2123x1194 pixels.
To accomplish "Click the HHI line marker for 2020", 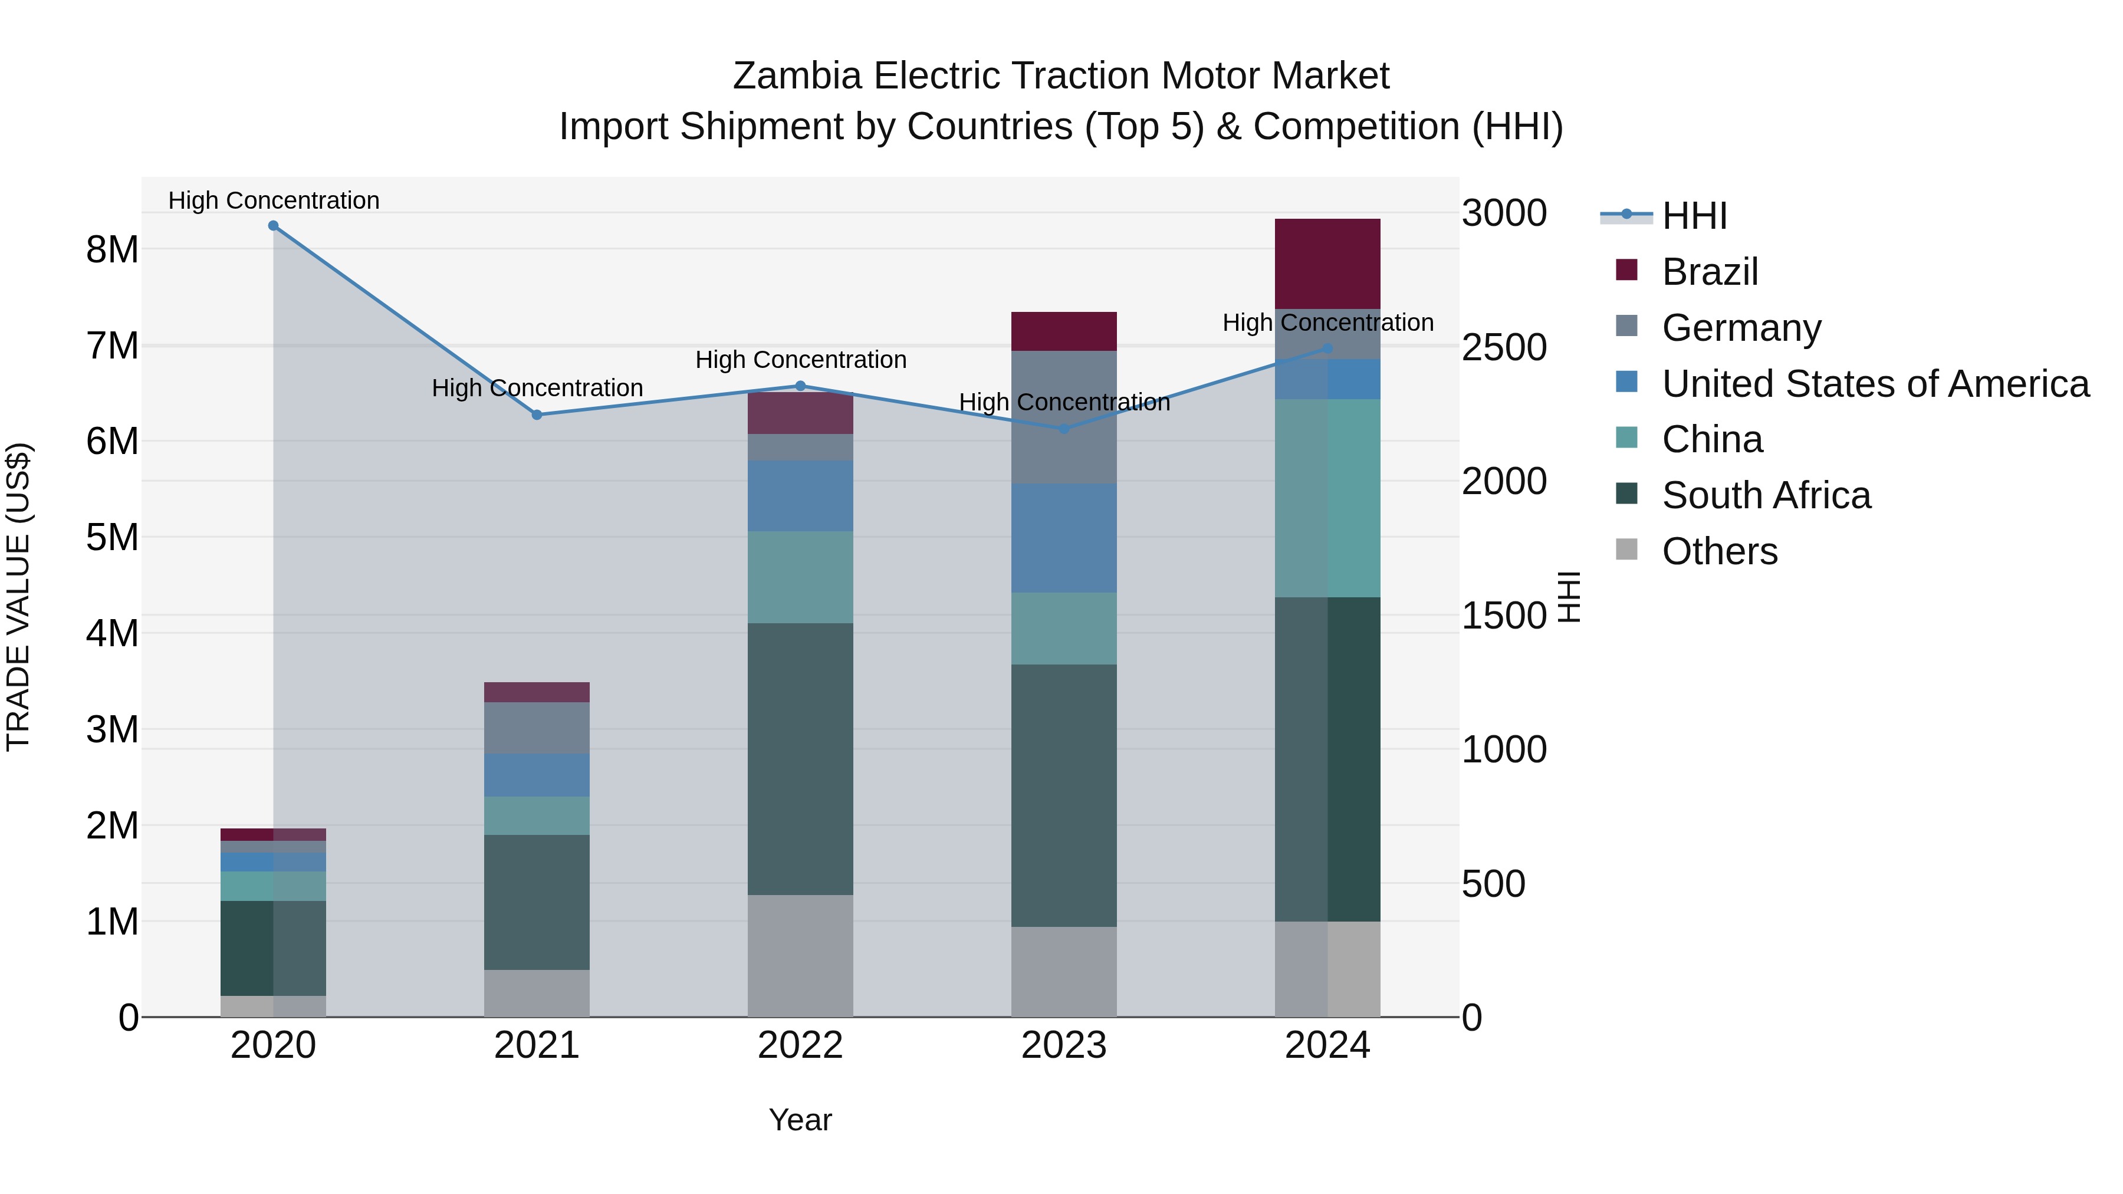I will point(274,226).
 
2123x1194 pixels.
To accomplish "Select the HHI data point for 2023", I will point(1063,429).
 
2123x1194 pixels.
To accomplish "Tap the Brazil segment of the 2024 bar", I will point(1327,264).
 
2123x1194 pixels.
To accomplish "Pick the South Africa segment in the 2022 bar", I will point(800,758).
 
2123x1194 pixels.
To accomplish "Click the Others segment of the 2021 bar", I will point(537,993).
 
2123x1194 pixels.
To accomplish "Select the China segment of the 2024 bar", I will point(1327,498).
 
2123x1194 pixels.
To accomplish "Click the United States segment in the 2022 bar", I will point(800,495).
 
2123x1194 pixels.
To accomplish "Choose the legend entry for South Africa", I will point(1765,495).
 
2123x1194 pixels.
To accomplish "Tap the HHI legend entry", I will point(1694,216).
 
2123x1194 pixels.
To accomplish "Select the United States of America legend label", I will point(1875,384).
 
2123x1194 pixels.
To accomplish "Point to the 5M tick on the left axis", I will point(112,537).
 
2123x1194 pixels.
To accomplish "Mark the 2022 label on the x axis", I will point(800,1045).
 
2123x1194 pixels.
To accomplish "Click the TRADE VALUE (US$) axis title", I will point(18,597).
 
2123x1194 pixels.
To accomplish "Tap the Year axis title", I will point(800,1120).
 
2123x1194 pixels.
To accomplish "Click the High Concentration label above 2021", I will point(537,388).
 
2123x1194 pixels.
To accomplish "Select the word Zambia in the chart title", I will point(798,76).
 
